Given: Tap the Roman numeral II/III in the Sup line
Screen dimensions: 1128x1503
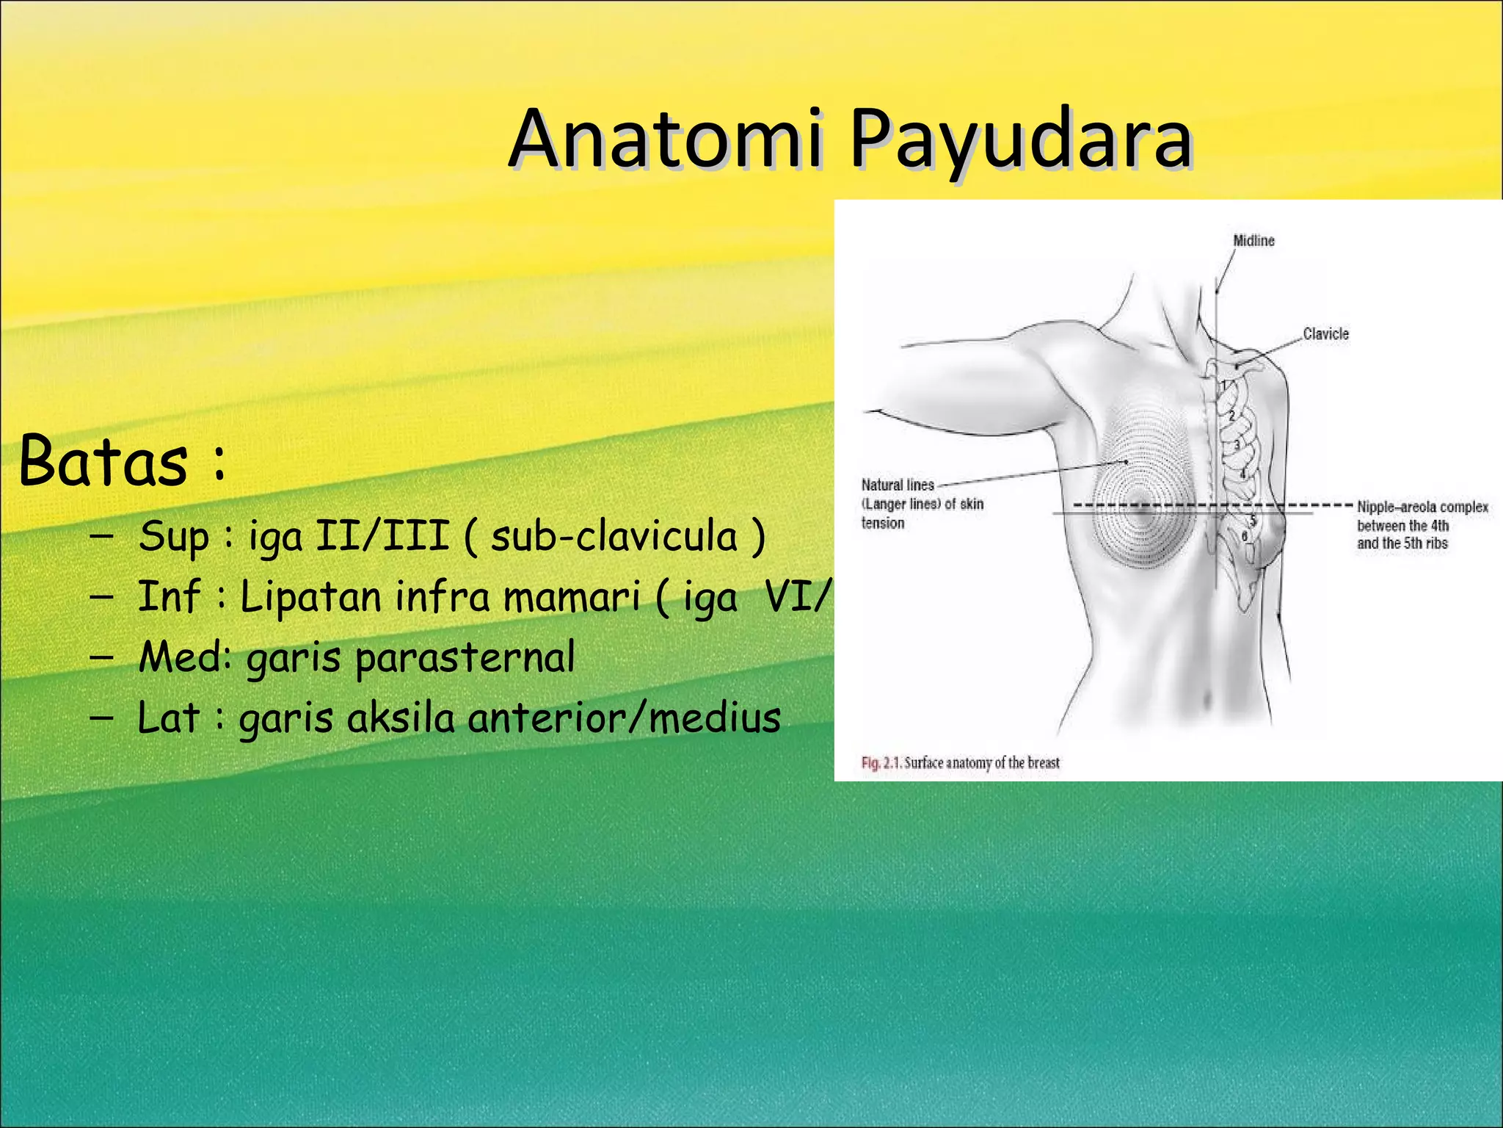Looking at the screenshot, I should pyautogui.click(x=382, y=535).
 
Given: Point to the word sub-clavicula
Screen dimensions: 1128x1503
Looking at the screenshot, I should pyautogui.click(x=614, y=536).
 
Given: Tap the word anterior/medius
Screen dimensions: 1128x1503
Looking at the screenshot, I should pyautogui.click(x=624, y=717).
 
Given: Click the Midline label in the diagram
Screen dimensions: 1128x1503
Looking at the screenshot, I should pyautogui.click(x=1253, y=241).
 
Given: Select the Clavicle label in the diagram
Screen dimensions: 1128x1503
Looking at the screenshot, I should pyautogui.click(x=1325, y=334).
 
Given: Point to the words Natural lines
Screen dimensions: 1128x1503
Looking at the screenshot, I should pyautogui.click(x=898, y=485).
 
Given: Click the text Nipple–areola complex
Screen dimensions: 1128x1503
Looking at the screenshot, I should pyautogui.click(x=1422, y=507).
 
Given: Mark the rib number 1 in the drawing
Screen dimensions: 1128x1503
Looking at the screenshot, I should pyautogui.click(x=1223, y=386).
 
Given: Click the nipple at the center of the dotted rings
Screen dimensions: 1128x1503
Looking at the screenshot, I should pyautogui.click(x=1140, y=506).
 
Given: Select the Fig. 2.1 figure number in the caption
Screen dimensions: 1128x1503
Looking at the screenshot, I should pyautogui.click(x=881, y=763).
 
